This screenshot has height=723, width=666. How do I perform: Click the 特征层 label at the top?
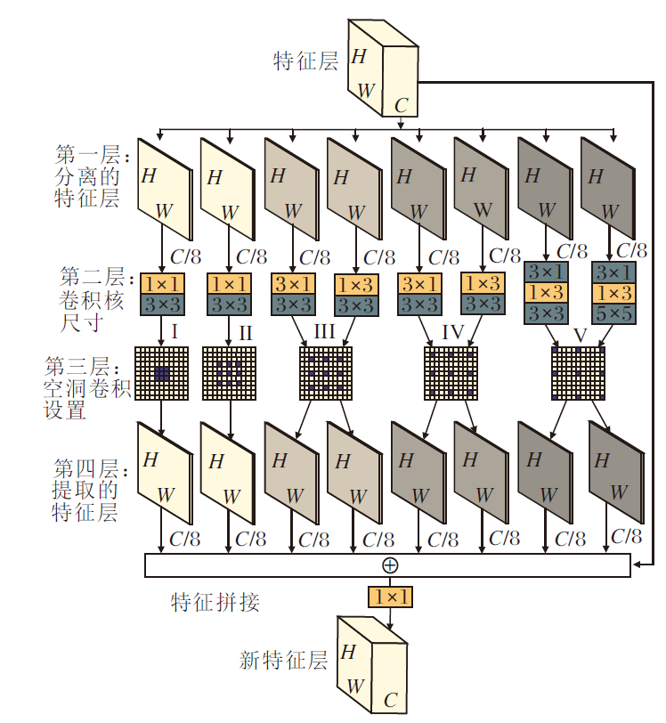point(306,61)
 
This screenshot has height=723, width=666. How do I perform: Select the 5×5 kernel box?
point(613,313)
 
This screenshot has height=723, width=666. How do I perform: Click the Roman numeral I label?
point(175,332)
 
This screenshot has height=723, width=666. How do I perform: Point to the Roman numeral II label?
point(245,332)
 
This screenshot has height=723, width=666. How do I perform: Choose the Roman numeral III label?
point(326,332)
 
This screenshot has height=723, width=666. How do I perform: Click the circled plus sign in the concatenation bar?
point(390,565)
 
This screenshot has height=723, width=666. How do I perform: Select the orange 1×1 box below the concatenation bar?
point(390,596)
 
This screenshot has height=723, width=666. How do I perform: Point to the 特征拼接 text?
point(215,602)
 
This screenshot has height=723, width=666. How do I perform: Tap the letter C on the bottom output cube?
point(390,700)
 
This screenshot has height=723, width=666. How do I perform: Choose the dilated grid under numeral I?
point(161,373)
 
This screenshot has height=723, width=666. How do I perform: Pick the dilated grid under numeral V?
point(580,373)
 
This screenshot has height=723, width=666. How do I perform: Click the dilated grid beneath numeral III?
point(326,373)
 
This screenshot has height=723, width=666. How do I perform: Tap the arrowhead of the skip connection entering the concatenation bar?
point(636,564)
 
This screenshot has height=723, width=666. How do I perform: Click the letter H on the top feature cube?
point(359,57)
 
